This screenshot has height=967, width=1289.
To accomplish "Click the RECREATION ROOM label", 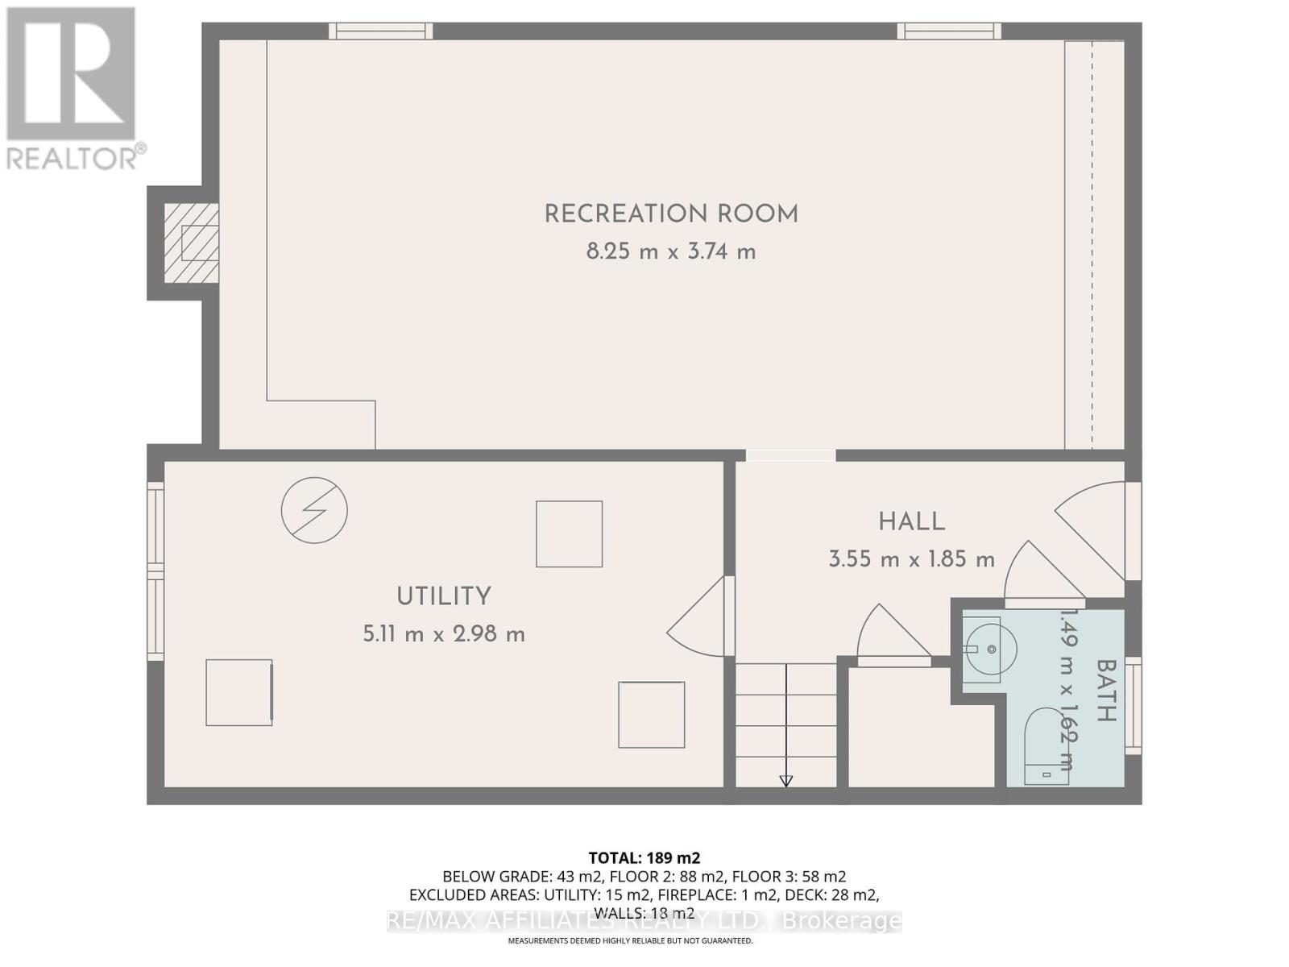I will point(671,214).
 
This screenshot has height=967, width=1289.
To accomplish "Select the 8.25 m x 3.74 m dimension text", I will point(671,252).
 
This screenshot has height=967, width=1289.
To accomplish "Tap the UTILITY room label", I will point(444,597).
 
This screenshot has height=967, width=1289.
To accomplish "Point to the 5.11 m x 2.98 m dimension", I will point(444,634).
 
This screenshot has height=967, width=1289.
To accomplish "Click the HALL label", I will point(911,522).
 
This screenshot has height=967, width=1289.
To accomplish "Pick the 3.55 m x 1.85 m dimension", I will point(911,559).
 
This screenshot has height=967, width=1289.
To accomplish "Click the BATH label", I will point(1105,691).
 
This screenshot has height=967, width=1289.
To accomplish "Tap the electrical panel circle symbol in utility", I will point(314,510).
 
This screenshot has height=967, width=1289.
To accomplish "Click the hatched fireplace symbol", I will point(191,243).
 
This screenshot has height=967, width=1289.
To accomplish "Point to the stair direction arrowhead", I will point(785,781).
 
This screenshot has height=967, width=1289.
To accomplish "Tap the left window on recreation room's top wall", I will point(380,31).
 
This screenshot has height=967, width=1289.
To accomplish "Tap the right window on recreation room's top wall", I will point(949,31).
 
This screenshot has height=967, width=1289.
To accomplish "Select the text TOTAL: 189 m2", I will point(644,858).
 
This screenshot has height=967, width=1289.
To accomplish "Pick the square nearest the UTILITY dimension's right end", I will point(570,533).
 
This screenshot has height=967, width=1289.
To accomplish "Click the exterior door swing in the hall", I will point(1092,528).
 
